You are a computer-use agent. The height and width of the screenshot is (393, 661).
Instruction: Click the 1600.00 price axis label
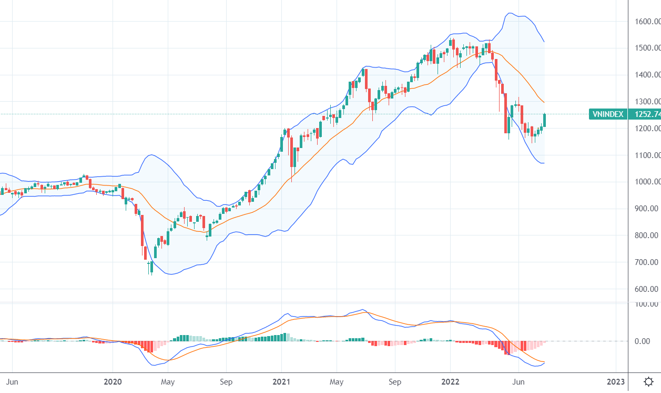point(647,22)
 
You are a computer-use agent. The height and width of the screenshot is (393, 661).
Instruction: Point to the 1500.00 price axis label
point(647,48)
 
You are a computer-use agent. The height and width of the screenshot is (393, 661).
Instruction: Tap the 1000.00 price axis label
point(647,182)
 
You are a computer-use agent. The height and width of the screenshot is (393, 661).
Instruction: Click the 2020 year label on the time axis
point(113,381)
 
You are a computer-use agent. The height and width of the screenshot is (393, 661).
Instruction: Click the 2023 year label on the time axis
point(616,381)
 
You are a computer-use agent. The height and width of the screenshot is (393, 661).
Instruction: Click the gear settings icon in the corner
point(649,381)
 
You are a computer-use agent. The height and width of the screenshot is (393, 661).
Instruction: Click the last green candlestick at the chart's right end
point(544,121)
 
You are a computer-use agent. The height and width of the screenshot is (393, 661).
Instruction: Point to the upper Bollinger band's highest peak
point(509,13)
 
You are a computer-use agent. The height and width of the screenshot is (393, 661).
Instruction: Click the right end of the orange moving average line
point(544,102)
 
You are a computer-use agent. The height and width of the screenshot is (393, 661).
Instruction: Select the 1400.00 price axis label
point(647,75)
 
